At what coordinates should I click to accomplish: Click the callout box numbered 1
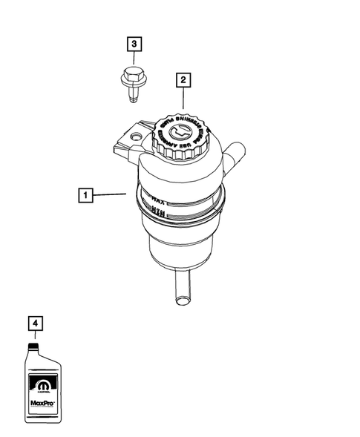pos(87,196)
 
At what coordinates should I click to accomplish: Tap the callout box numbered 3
pos(134,46)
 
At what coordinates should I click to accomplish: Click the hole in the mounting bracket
pos(134,137)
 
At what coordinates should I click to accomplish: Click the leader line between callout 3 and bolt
pos(134,59)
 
